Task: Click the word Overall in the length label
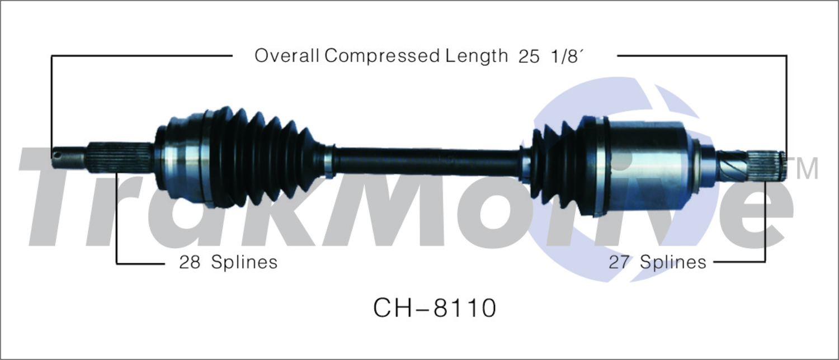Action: point(286,56)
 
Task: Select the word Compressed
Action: point(381,56)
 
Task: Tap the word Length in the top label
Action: point(476,56)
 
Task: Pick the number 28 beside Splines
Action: point(190,262)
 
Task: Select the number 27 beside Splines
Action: point(619,262)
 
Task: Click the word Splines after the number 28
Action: point(244,262)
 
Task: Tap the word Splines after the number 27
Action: point(673,262)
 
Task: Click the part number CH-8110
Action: point(435,308)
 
